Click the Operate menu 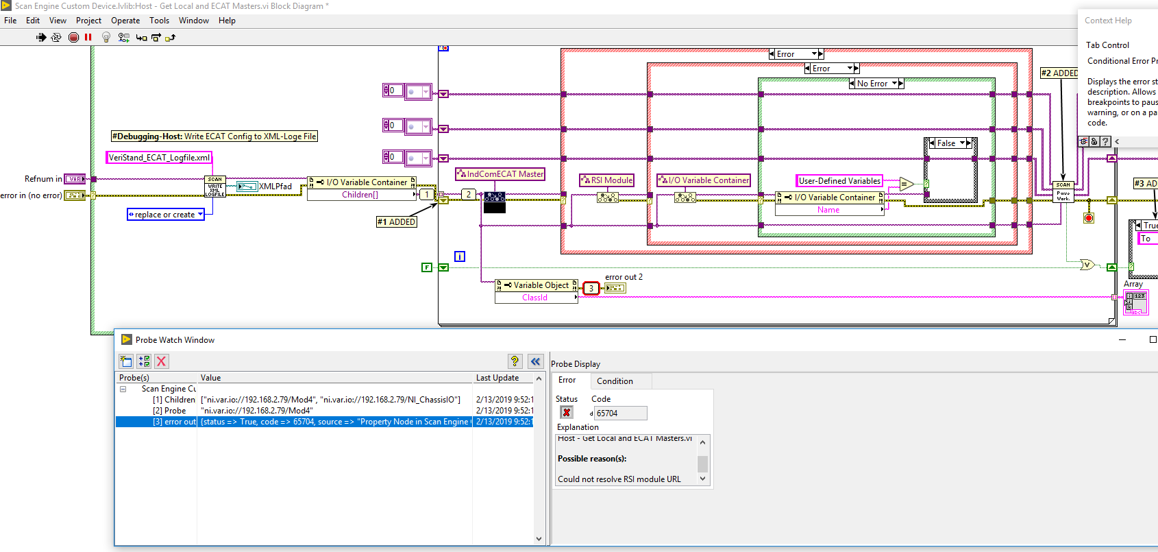125,21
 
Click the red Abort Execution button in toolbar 74,38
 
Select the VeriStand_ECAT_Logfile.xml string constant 159,158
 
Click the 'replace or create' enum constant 165,215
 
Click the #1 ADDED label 397,221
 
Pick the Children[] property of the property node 360,195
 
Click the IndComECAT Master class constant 501,174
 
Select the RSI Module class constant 607,180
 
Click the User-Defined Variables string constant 839,181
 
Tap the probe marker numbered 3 591,289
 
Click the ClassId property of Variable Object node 534,298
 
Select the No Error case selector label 872,84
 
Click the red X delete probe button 162,361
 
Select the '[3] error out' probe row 174,422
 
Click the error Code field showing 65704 619,413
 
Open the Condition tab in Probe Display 615,381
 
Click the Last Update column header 497,378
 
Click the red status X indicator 567,412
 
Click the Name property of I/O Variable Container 828,210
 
